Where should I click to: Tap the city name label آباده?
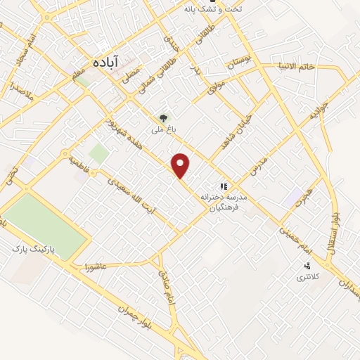coord(105,62)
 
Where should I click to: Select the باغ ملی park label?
coord(163,130)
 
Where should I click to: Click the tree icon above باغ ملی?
coord(163,118)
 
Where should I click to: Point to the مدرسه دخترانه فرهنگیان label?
coord(223,202)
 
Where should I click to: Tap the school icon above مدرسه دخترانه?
coord(223,186)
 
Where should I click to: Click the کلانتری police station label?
coord(307,278)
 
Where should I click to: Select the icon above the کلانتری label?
coord(307,266)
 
